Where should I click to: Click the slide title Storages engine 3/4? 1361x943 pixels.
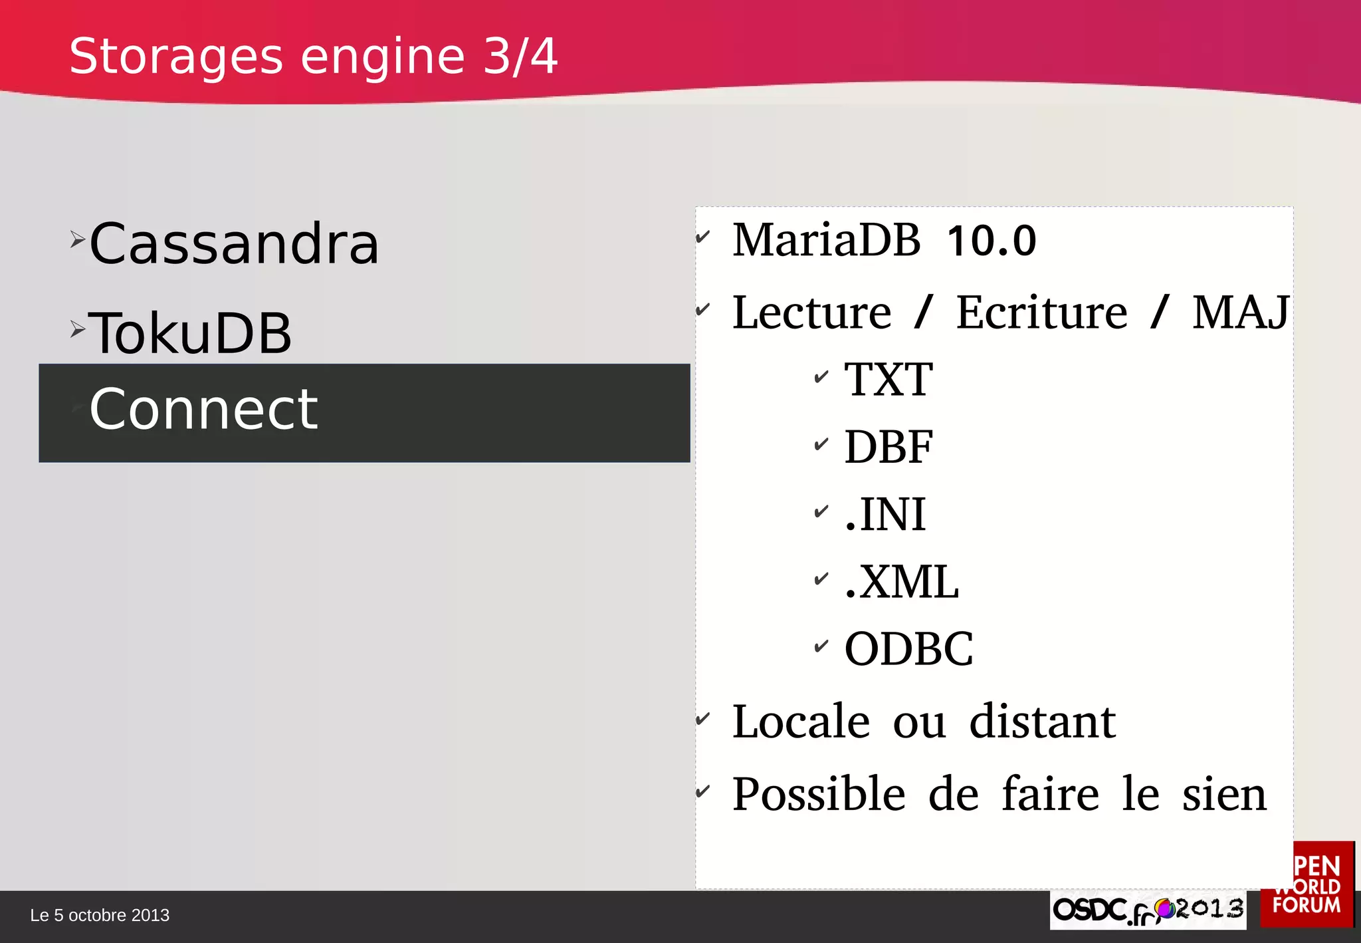click(x=313, y=57)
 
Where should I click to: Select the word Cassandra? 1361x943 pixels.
click(x=234, y=244)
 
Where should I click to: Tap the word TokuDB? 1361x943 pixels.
click(x=190, y=333)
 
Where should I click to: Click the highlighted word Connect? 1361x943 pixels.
click(x=204, y=409)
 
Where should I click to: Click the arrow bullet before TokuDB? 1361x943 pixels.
click(x=78, y=329)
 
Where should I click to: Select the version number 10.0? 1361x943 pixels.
click(x=991, y=241)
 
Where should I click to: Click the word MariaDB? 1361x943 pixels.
click(x=826, y=240)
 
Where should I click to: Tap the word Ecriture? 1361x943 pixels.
click(x=1041, y=313)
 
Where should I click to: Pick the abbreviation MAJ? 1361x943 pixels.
click(x=1240, y=313)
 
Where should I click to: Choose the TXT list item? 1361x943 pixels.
click(x=889, y=380)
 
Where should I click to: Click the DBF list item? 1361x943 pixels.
click(x=889, y=447)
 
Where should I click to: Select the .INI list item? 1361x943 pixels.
click(x=885, y=515)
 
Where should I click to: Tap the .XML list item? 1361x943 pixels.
click(x=901, y=582)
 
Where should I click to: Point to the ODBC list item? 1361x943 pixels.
click(x=908, y=649)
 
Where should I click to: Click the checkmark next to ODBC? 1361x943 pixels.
click(x=821, y=646)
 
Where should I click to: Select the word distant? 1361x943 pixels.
click(x=1042, y=722)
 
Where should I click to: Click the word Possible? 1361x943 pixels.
click(x=819, y=795)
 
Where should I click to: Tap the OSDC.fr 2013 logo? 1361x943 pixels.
click(x=1148, y=910)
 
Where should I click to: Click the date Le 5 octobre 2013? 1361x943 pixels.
click(x=100, y=916)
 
